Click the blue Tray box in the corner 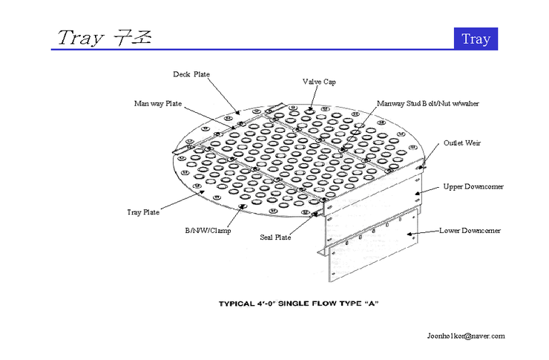click(x=476, y=39)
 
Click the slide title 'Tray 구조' click(x=104, y=37)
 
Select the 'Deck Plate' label click(x=191, y=74)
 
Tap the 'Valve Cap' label click(x=319, y=82)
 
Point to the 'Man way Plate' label click(x=157, y=103)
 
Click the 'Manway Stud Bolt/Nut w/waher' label click(x=428, y=103)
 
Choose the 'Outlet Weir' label click(x=462, y=143)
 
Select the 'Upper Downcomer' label click(x=473, y=186)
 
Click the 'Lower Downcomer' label click(x=470, y=230)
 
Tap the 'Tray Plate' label click(x=143, y=212)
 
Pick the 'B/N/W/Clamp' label click(x=208, y=230)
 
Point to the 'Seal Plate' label click(x=275, y=238)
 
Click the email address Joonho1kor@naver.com click(x=466, y=336)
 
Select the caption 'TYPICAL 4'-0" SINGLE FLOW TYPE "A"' click(x=297, y=304)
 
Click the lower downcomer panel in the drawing click(x=371, y=256)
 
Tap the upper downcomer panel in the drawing click(x=371, y=204)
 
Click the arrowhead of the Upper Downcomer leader click(x=417, y=193)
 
